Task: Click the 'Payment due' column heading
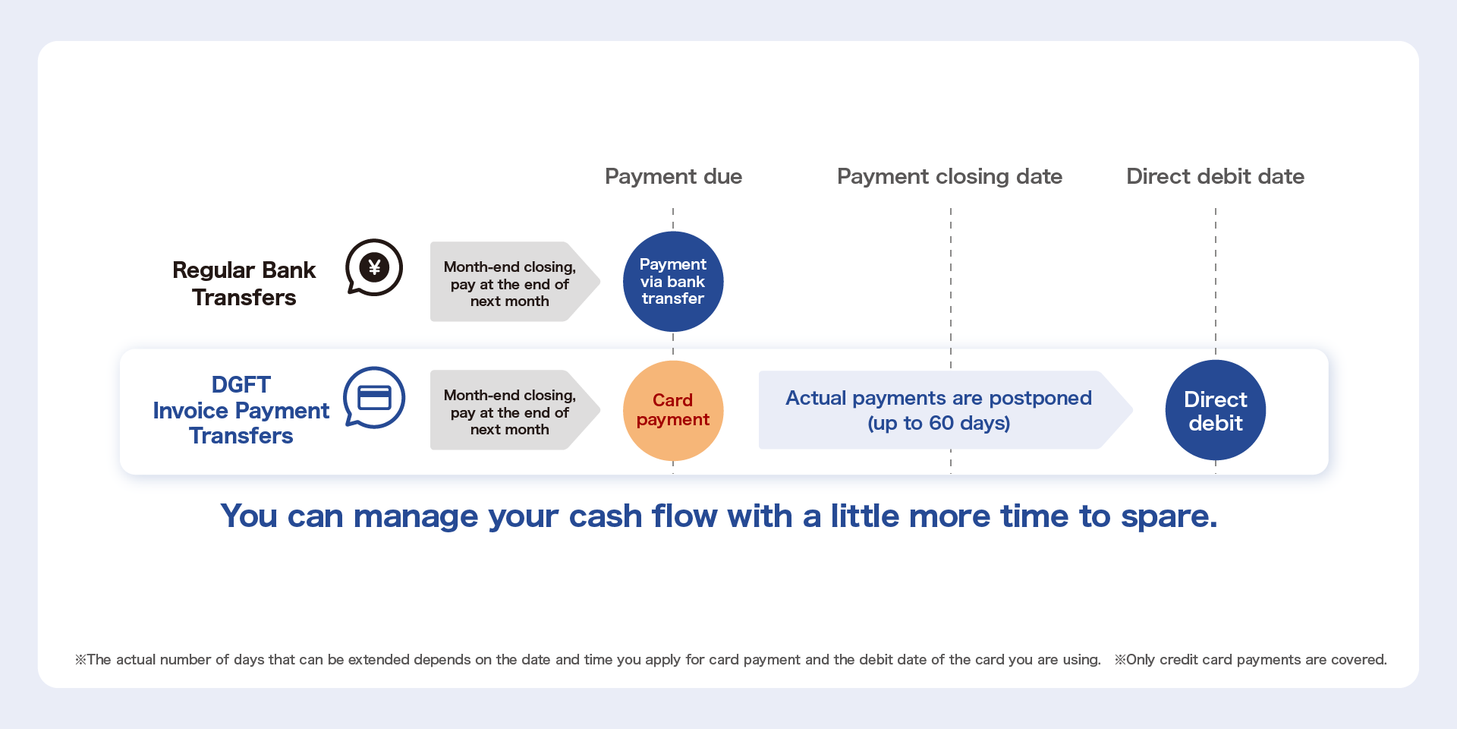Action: (673, 177)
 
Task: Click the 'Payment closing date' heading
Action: (949, 177)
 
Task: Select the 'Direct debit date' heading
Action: (1215, 177)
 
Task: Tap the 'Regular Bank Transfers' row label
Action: (244, 284)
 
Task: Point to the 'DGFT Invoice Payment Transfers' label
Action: (241, 410)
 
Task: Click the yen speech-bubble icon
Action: (373, 267)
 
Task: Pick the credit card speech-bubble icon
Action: (373, 398)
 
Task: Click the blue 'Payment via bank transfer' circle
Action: (673, 282)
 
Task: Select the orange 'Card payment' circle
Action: (673, 411)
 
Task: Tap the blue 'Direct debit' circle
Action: (1216, 411)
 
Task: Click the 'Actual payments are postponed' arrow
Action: (946, 410)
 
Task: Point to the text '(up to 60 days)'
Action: (939, 424)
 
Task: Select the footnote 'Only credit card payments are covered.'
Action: (1251, 660)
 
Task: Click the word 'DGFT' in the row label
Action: (241, 385)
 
